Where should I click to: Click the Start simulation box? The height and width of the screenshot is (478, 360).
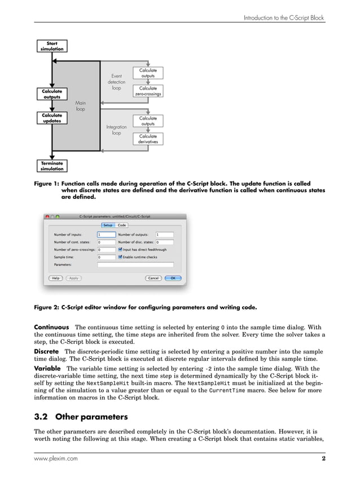(x=52, y=46)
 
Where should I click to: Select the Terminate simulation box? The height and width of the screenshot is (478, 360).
(x=52, y=166)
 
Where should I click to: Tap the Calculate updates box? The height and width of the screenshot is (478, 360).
(x=52, y=118)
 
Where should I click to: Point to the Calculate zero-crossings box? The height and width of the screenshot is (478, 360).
(x=148, y=91)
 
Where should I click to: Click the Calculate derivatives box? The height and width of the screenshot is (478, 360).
(x=148, y=139)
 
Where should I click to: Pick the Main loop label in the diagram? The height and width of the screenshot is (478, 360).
(x=81, y=106)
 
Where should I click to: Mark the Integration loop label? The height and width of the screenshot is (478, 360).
(x=116, y=130)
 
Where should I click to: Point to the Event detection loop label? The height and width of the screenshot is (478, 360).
(x=116, y=82)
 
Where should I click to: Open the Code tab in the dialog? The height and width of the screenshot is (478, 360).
(x=122, y=225)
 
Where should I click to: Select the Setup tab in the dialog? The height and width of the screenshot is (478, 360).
(x=107, y=225)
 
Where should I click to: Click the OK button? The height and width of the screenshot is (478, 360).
(x=173, y=278)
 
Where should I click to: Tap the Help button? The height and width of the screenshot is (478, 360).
(x=56, y=278)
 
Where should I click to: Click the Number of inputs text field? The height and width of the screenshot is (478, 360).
(x=106, y=234)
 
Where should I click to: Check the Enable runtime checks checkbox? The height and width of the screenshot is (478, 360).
(x=121, y=256)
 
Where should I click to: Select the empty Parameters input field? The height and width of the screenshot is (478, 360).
(x=135, y=264)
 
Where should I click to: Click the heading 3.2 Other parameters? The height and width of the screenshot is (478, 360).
(x=81, y=418)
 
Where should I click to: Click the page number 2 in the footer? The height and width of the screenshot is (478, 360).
(x=323, y=459)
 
